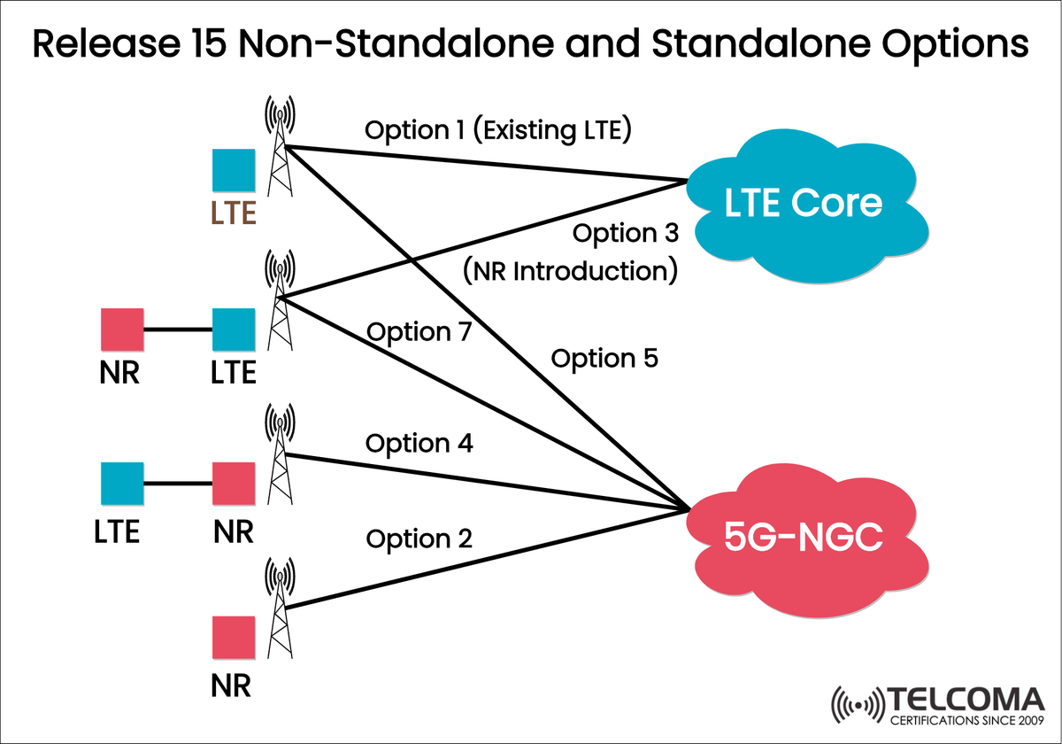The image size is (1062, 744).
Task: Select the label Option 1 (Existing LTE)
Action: (496, 131)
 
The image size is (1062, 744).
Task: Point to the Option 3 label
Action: (626, 234)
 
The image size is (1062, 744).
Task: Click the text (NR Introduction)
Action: (570, 270)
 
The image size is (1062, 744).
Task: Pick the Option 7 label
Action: (419, 332)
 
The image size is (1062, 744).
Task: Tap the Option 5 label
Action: (604, 359)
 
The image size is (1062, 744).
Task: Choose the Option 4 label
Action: (419, 444)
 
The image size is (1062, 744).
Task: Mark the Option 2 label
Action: (419, 539)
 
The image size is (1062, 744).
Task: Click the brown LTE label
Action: (234, 213)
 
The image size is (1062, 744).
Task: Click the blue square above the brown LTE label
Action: (234, 171)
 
